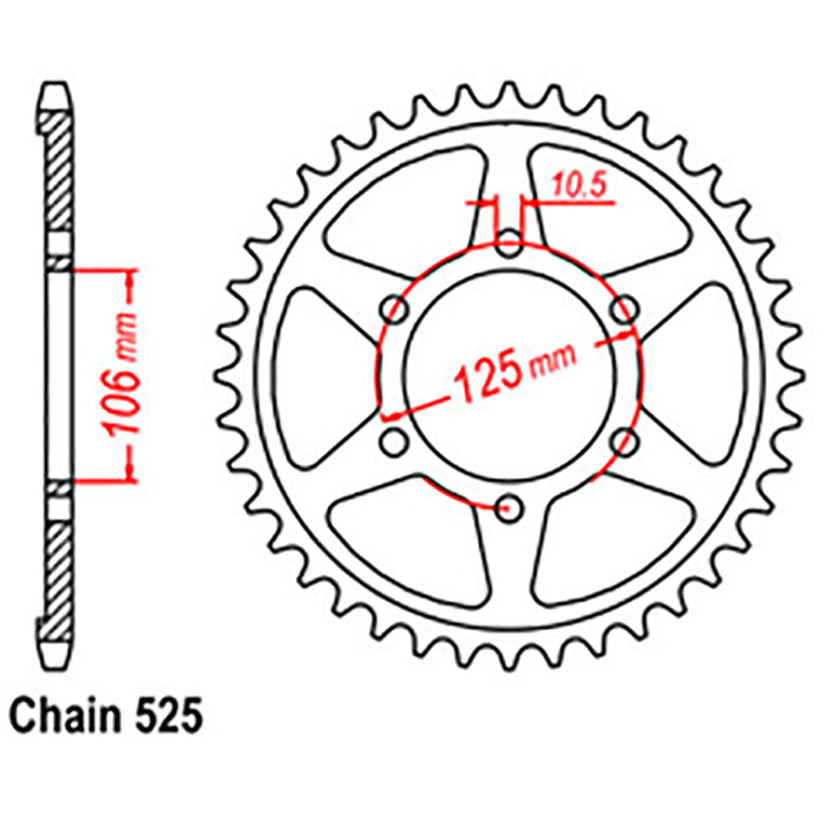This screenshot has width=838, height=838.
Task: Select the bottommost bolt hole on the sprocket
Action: tap(509, 507)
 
